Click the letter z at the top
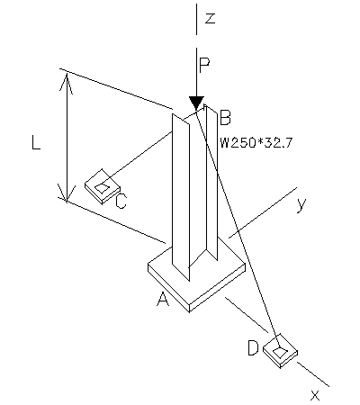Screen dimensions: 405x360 (x=210, y=18)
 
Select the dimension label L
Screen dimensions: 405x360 (x=36, y=142)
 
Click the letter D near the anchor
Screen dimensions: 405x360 (x=255, y=346)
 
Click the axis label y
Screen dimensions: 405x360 (x=302, y=203)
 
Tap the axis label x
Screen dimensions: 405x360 (x=315, y=394)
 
